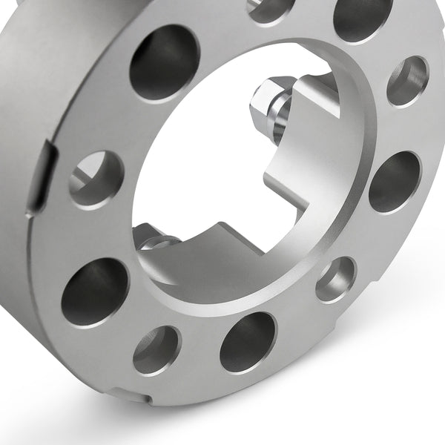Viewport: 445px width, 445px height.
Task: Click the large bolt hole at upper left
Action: (x=165, y=63)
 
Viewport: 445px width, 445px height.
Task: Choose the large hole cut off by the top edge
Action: (x=362, y=16)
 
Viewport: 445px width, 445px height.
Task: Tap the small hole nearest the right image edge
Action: (x=407, y=81)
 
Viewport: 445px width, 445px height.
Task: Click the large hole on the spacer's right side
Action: (x=394, y=182)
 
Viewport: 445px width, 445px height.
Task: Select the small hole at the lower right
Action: (x=336, y=280)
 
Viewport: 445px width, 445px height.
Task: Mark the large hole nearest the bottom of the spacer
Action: (x=248, y=342)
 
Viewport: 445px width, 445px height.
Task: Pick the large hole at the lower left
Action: (x=95, y=292)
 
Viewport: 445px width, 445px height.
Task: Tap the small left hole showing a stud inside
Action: (x=96, y=179)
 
